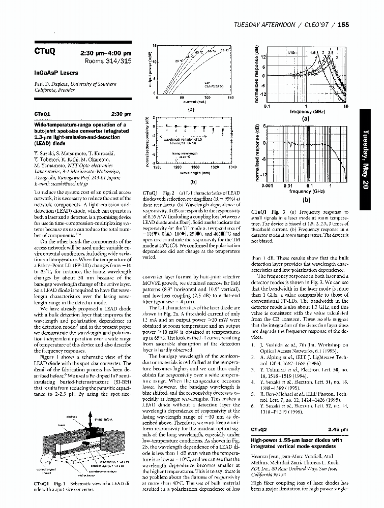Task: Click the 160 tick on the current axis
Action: pyautogui.click(x=230, y=97)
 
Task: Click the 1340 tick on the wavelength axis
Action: pyautogui.click(x=232, y=167)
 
